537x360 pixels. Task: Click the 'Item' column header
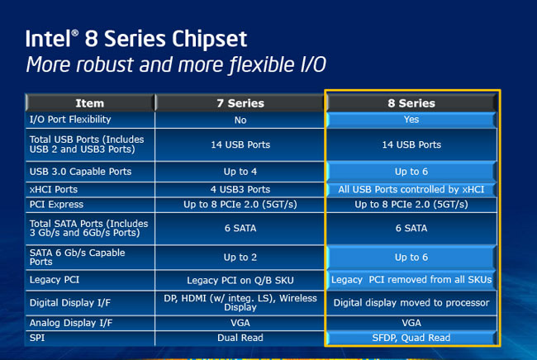[x=89, y=103]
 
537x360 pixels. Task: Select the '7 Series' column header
[x=240, y=103]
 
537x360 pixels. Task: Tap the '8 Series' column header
[x=411, y=103]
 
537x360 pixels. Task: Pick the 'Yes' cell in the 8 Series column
[x=411, y=120]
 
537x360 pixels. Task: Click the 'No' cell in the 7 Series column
[x=240, y=120]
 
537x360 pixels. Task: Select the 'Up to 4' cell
[x=240, y=172]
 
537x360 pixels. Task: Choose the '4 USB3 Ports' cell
[x=240, y=189]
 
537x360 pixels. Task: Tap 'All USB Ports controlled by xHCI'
[x=411, y=189]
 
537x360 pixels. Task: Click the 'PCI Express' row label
[x=56, y=204]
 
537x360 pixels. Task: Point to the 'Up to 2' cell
[x=240, y=258]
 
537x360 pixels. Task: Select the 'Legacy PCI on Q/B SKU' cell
[x=240, y=280]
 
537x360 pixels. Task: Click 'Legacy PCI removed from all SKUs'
[x=411, y=280]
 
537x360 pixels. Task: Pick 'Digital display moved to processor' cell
[x=411, y=302]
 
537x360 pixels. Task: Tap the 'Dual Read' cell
[x=240, y=336]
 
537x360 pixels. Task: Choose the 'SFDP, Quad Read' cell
[x=411, y=336]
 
